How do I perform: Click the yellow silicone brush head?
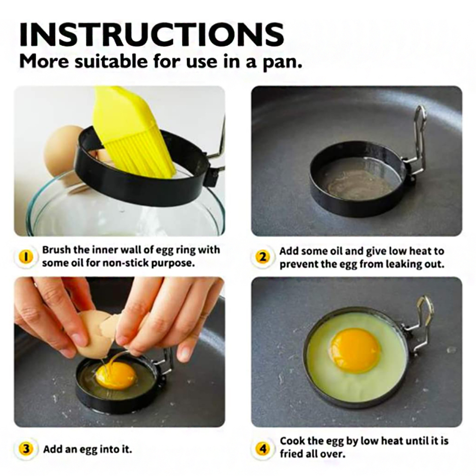click(133, 133)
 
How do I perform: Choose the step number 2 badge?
click(263, 257)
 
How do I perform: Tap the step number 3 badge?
click(26, 448)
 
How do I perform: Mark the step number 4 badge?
click(263, 448)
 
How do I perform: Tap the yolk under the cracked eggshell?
click(115, 376)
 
